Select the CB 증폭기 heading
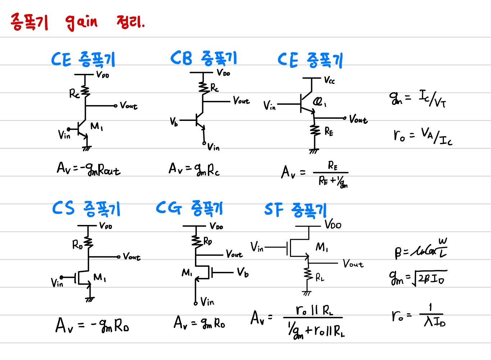204,58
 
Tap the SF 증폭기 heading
296,210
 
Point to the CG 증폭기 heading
190,208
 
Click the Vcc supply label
329,80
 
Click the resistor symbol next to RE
315,130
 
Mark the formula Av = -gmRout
88,168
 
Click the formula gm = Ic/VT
418,98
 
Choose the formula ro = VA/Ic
423,136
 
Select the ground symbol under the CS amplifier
90,299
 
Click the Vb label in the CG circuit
243,273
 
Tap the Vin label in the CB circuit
213,147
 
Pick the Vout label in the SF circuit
353,264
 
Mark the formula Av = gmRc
194,169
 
